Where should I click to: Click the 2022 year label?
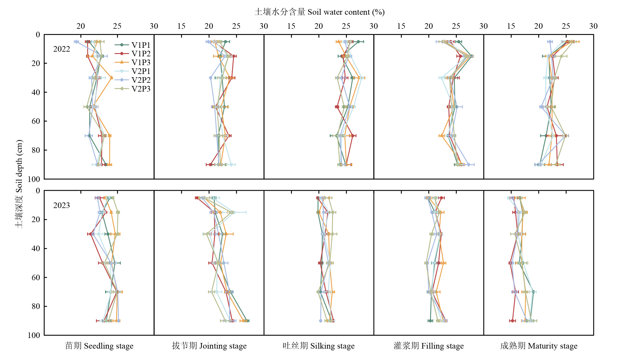(62, 49)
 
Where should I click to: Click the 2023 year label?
(62, 205)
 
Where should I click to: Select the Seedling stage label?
(99, 346)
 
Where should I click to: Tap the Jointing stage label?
(209, 346)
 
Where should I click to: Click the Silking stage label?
(319, 346)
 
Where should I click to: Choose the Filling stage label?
(429, 346)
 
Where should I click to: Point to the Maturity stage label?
(539, 346)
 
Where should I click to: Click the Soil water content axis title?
(320, 12)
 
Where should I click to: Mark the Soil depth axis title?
(19, 184)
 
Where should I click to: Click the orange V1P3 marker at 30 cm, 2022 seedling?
(111, 78)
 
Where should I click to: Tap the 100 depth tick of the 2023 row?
(34, 335)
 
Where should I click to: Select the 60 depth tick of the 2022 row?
(36, 121)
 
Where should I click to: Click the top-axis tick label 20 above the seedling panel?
(81, 26)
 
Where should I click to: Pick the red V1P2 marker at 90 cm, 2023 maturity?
(512, 321)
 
